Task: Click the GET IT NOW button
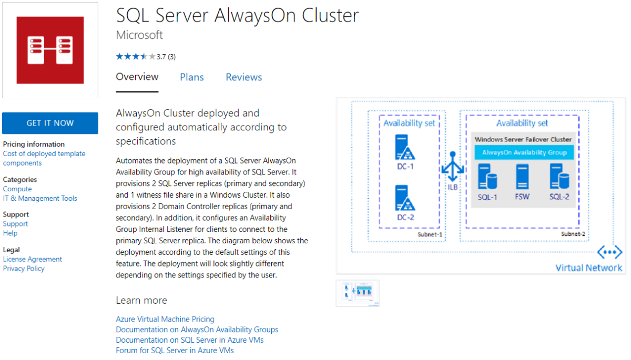(x=50, y=123)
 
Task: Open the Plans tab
(x=192, y=77)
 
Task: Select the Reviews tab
(x=244, y=77)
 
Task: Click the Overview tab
(x=137, y=77)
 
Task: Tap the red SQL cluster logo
(x=50, y=50)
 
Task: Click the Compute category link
(x=17, y=189)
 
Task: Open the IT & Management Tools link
(x=40, y=198)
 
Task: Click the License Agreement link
(x=33, y=259)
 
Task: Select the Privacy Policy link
(x=24, y=269)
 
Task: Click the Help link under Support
(x=10, y=233)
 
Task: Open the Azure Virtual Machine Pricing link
(x=165, y=319)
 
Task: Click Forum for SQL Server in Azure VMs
(x=175, y=351)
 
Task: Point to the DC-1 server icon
(x=405, y=148)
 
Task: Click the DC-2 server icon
(x=405, y=198)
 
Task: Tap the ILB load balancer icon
(x=453, y=167)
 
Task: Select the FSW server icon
(x=522, y=177)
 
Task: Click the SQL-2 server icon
(x=559, y=177)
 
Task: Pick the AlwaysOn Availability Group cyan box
(x=524, y=152)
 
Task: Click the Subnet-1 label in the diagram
(x=430, y=234)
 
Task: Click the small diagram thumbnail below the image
(x=358, y=293)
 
